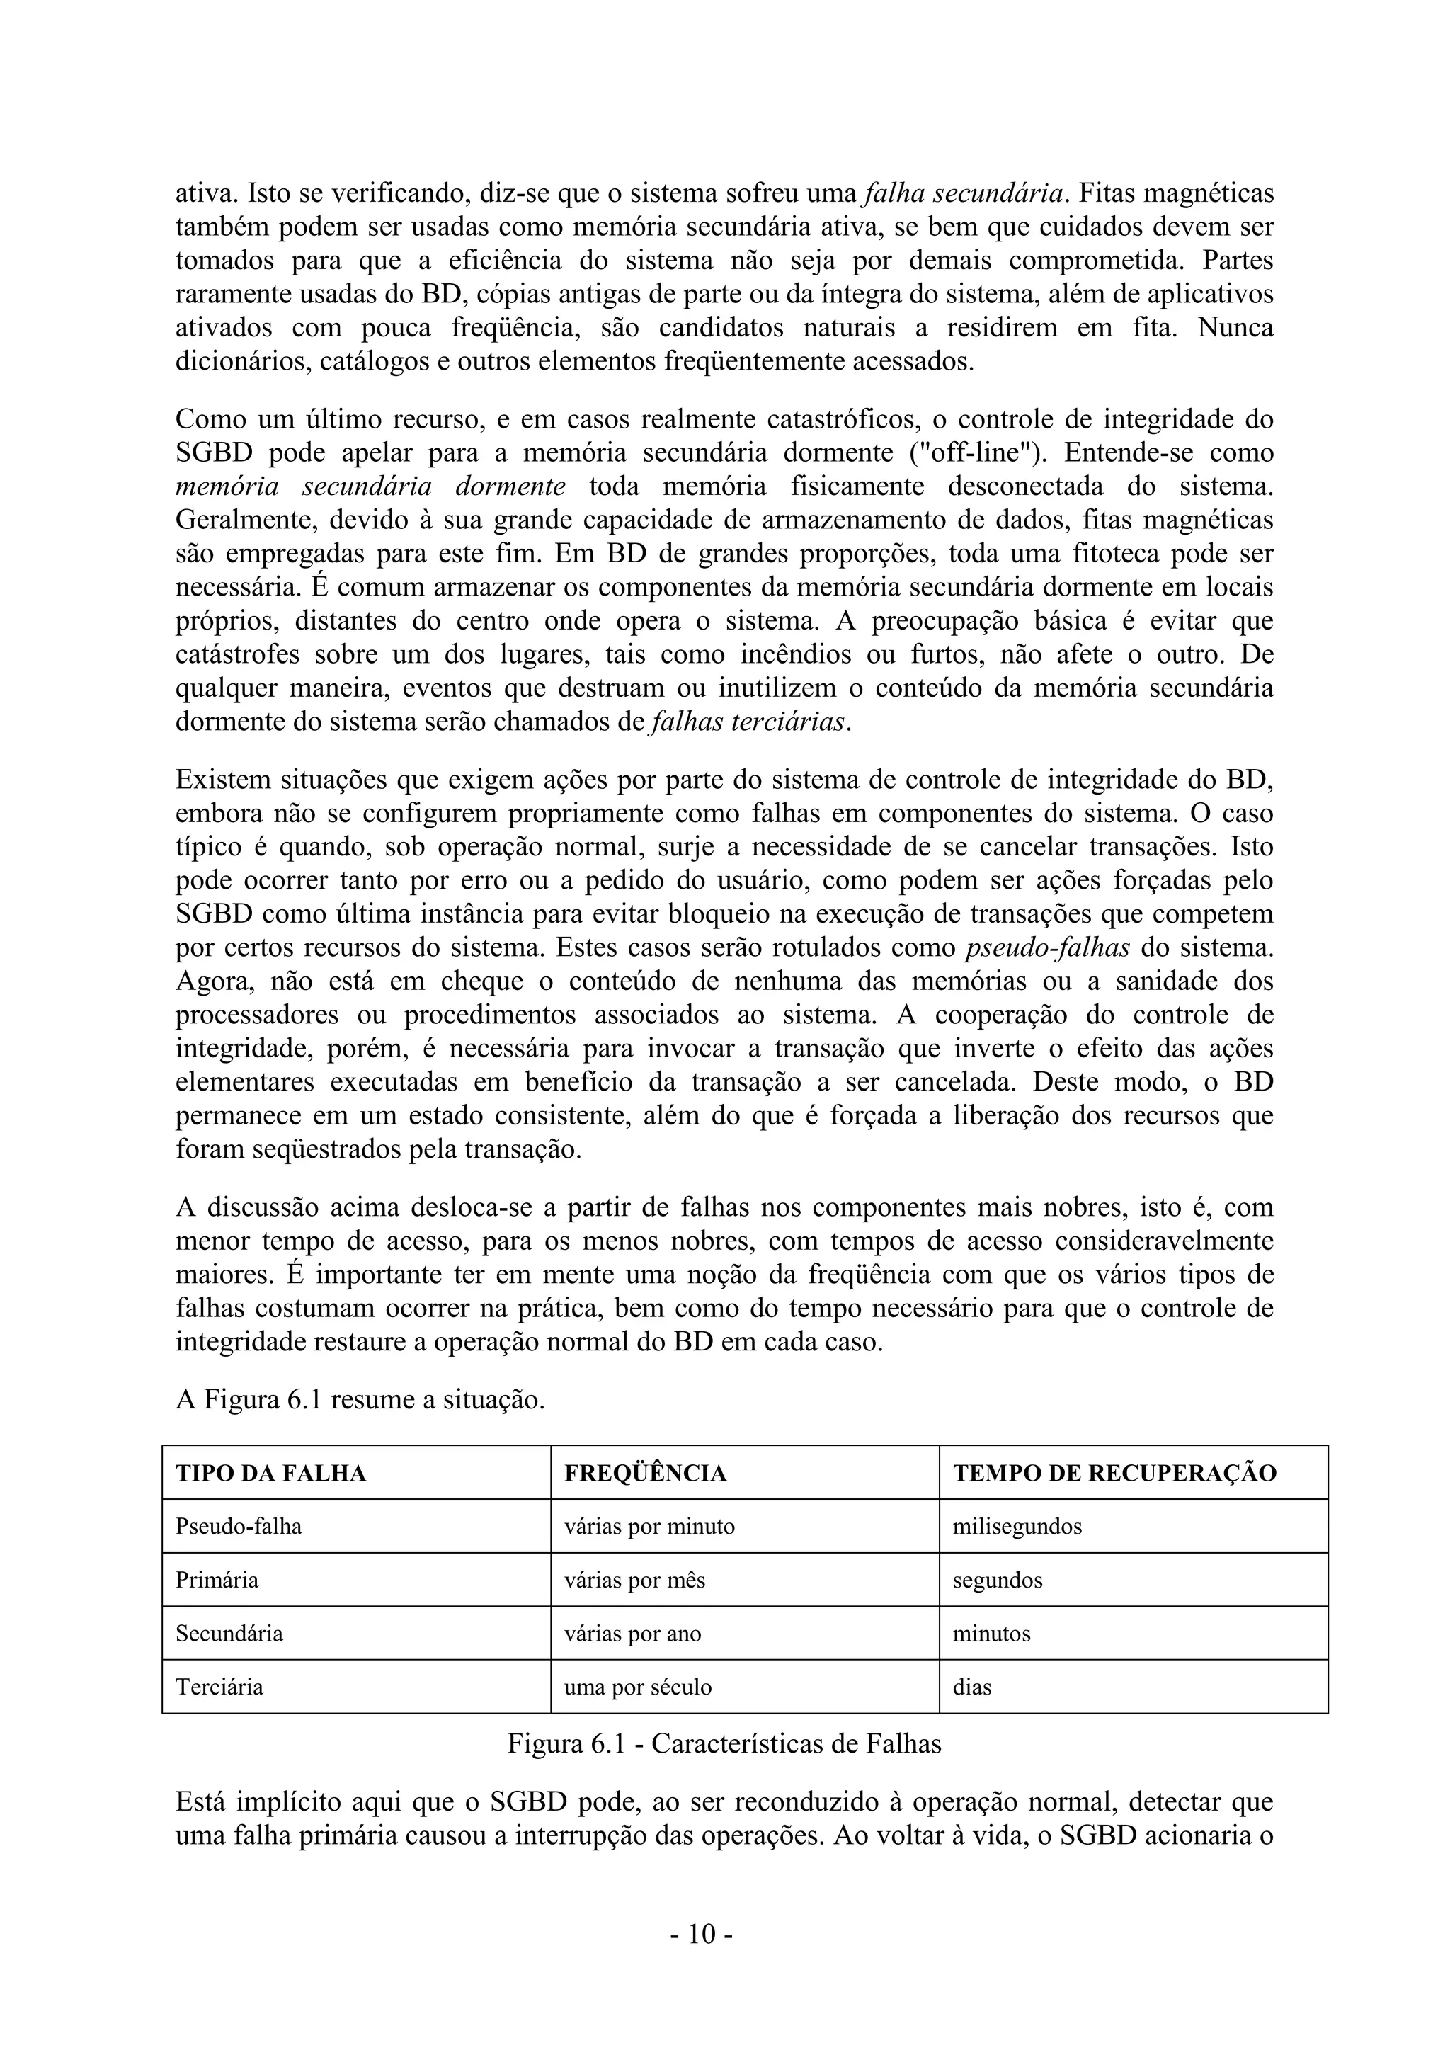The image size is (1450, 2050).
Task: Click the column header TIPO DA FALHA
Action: [x=270, y=1472]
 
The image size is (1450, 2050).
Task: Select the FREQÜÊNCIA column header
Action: [x=645, y=1472]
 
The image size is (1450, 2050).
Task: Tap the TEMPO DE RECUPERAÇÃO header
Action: [x=1114, y=1472]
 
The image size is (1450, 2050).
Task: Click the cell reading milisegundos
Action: [x=1017, y=1526]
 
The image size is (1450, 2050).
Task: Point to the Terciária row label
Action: [x=219, y=1687]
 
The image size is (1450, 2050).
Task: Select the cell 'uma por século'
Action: [x=637, y=1687]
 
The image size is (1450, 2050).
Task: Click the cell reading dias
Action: [x=972, y=1687]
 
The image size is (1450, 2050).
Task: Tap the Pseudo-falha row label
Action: [x=239, y=1526]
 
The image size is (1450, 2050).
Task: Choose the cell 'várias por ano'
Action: [x=632, y=1633]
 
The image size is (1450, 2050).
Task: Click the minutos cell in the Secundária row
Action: [x=991, y=1633]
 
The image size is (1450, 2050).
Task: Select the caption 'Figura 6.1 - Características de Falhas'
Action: [x=724, y=1744]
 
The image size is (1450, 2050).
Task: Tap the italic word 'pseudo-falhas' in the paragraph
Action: [x=1047, y=947]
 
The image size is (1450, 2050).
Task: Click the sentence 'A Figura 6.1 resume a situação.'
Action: [x=360, y=1399]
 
